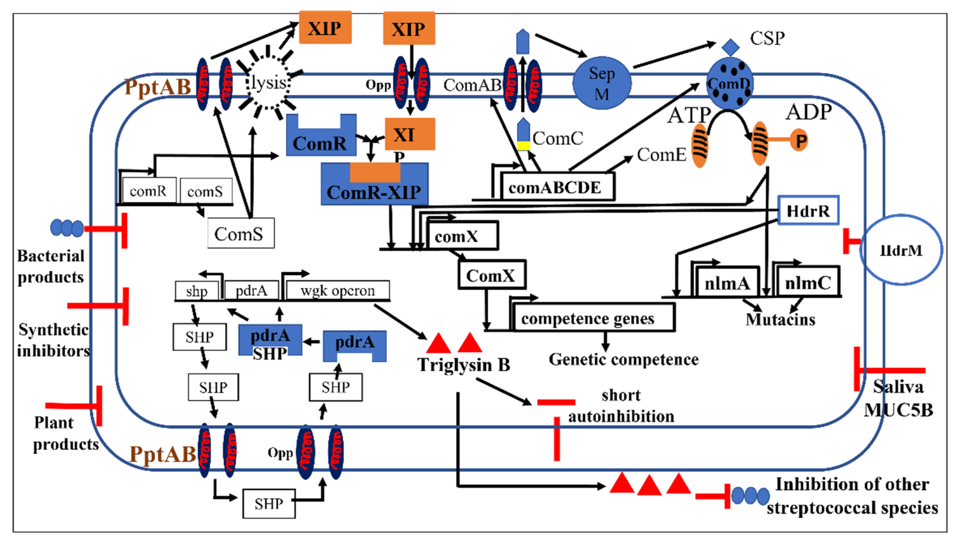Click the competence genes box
(593, 318)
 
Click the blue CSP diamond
(730, 47)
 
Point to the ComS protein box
(241, 233)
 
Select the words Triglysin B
(463, 364)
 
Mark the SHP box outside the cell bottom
(269, 503)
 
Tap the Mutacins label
(780, 319)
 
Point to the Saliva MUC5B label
(898, 398)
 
